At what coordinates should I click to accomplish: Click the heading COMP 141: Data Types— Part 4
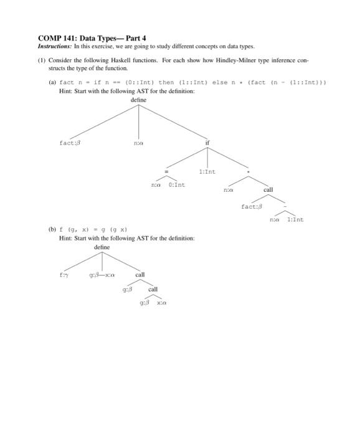[x=92, y=38]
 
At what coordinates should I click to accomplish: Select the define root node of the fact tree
[x=138, y=100]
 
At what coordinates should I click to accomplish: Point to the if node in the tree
[x=207, y=143]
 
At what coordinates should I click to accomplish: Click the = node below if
[x=165, y=171]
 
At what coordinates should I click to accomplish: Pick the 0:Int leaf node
[x=176, y=184]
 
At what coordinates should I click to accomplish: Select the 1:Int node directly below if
[x=207, y=171]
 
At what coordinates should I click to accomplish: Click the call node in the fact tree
[x=268, y=189]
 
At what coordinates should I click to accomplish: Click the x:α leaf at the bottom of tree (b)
[x=161, y=303]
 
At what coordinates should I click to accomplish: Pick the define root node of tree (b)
[x=102, y=247]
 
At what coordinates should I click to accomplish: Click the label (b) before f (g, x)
[x=52, y=229]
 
